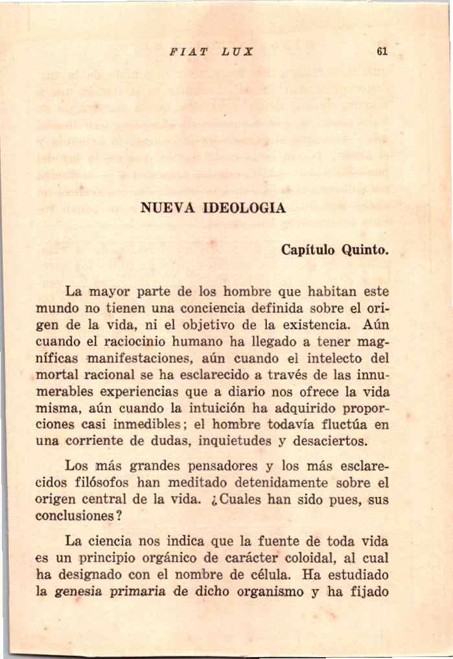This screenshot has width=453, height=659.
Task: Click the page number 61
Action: (x=381, y=52)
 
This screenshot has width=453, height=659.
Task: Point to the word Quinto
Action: (x=366, y=250)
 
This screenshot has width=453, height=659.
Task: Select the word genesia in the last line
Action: (x=76, y=592)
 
